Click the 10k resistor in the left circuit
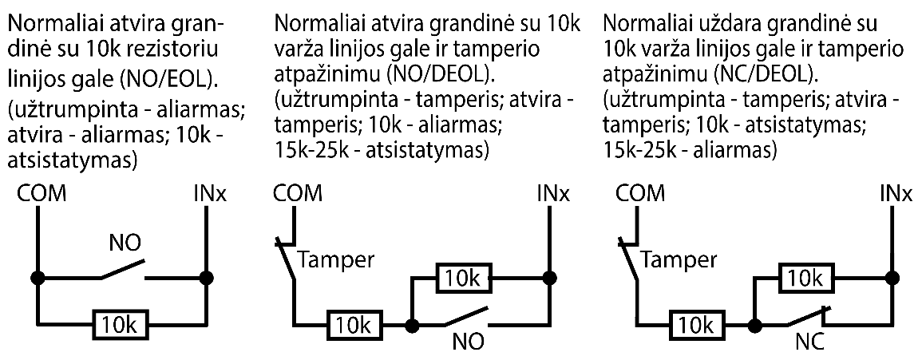(x=120, y=324)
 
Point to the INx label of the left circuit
(x=208, y=194)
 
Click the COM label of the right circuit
(x=641, y=194)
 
